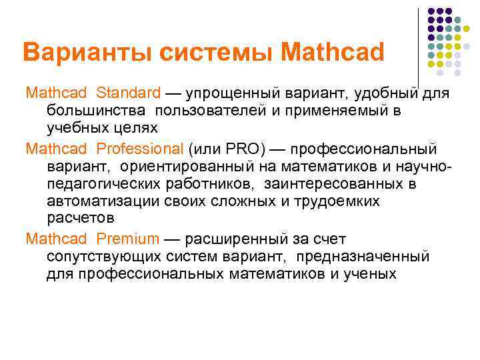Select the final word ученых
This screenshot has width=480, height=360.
(x=369, y=274)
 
